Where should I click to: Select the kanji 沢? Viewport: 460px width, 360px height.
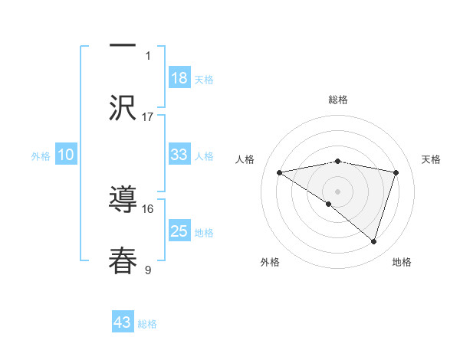[x=123, y=107]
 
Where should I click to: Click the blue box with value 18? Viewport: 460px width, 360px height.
[x=179, y=77]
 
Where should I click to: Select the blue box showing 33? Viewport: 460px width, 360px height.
[x=179, y=154]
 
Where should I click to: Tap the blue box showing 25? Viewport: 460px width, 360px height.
[x=179, y=231]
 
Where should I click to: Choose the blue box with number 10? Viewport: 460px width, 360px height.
[x=66, y=155]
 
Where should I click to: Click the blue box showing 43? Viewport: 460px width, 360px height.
[x=123, y=322]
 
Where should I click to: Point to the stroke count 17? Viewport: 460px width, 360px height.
[x=148, y=116]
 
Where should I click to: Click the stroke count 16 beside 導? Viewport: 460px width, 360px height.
[x=148, y=208]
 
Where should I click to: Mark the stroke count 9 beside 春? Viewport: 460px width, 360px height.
[x=148, y=270]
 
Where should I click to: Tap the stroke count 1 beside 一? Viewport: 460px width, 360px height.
[x=148, y=55]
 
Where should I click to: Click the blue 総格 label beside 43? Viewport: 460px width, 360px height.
[x=147, y=324]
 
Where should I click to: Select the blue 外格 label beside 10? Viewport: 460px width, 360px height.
[x=41, y=155]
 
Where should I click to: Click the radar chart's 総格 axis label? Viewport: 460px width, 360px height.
[x=338, y=100]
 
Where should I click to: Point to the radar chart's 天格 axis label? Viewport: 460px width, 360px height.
[x=432, y=159]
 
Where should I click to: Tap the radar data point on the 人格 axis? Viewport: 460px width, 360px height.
[x=280, y=172]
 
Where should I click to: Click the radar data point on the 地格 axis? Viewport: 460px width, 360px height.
[x=373, y=241]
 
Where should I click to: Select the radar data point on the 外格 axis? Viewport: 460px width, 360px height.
[x=329, y=204]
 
